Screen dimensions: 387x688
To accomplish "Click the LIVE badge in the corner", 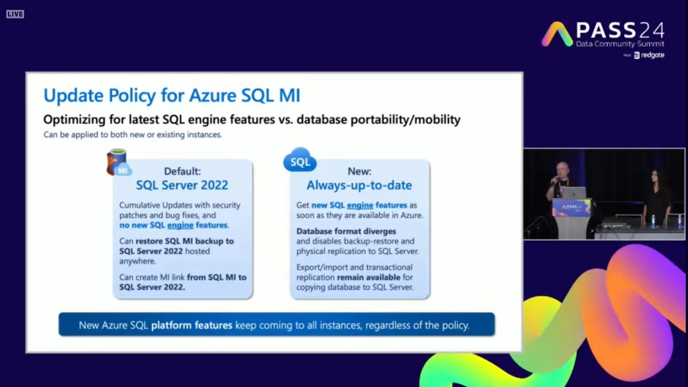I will pyautogui.click(x=15, y=14).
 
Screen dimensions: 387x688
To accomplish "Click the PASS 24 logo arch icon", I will pyautogui.click(x=557, y=34).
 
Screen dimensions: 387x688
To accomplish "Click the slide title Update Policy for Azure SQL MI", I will pyautogui.click(x=171, y=95).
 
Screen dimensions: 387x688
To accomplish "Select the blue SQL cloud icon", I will pyautogui.click(x=300, y=161).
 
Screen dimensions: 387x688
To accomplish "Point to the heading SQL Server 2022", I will pyautogui.click(x=182, y=185).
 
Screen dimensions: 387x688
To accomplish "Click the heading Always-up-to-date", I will pyautogui.click(x=359, y=185).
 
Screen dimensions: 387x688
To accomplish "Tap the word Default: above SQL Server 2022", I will pyautogui.click(x=182, y=171).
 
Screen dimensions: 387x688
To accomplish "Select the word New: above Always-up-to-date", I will pyautogui.click(x=359, y=171).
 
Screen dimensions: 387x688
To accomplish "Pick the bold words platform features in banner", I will pyautogui.click(x=191, y=325).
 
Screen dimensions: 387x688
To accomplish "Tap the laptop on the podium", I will pyautogui.click(x=573, y=193).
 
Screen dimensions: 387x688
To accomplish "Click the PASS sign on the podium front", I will pyautogui.click(x=571, y=208).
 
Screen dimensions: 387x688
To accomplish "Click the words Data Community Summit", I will pyautogui.click(x=620, y=44).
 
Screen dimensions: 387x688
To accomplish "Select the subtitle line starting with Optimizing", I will pyautogui.click(x=252, y=120).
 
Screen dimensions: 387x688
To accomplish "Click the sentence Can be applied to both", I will pyautogui.click(x=132, y=136).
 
